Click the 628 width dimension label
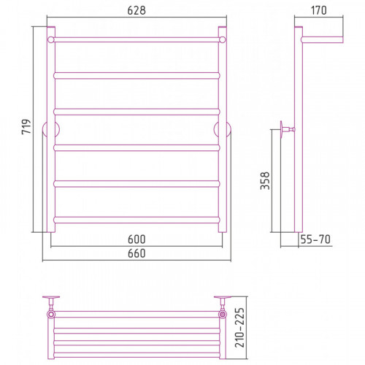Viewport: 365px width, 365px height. click(x=137, y=10)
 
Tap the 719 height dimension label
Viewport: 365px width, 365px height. click(x=26, y=126)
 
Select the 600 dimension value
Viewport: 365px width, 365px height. click(x=137, y=239)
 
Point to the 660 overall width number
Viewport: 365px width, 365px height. click(x=137, y=253)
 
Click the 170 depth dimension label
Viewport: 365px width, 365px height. click(x=318, y=10)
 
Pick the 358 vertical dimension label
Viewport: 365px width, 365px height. click(x=265, y=181)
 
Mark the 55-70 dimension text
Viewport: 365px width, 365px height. click(x=315, y=239)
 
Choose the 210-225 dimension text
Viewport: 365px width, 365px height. click(x=239, y=328)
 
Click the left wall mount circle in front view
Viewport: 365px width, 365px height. click(x=43, y=129)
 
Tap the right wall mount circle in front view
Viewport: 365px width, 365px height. click(x=230, y=129)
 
